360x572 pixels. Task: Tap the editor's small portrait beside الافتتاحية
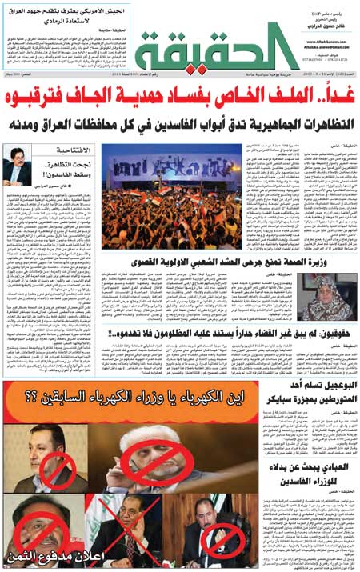click(18, 163)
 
